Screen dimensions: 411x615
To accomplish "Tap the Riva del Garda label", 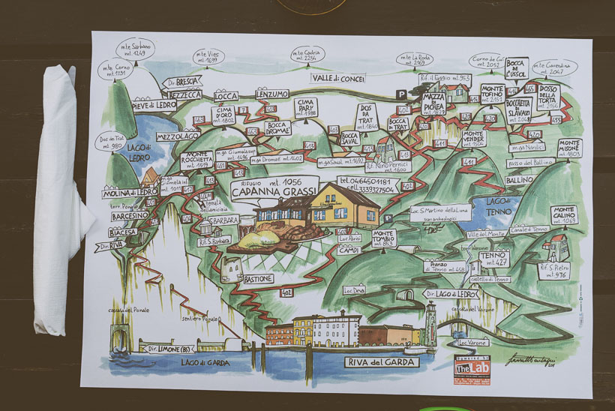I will point(380,362).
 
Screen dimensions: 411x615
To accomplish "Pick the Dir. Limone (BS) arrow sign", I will point(167,349).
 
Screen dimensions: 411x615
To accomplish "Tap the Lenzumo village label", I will point(271,94).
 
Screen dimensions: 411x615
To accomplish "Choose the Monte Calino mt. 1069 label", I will point(565,215).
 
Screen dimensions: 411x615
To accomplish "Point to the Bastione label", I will point(259,279).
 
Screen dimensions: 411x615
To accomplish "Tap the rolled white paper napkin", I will point(59,199).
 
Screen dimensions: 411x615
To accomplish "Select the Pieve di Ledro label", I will point(154,106).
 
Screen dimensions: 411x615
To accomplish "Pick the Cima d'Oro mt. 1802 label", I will point(225,115).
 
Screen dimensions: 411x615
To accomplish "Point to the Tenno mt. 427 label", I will point(493,259).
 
